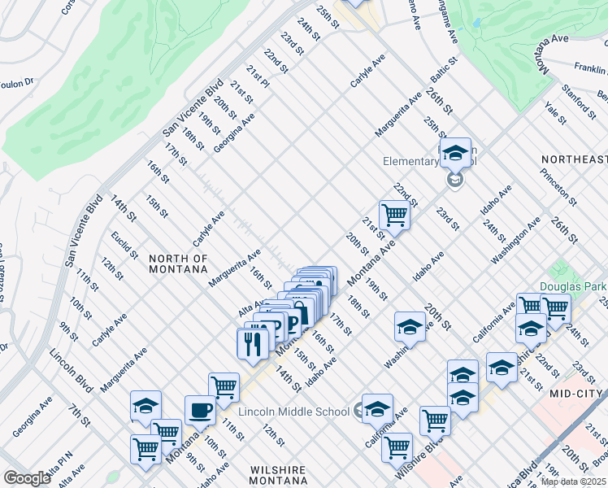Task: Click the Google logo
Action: point(27,478)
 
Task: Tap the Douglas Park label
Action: point(572,286)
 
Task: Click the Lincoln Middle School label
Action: point(294,412)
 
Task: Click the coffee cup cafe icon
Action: point(200,410)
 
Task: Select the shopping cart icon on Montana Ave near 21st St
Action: point(394,216)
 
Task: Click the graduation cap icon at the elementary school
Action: point(456,153)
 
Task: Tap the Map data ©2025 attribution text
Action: point(573,481)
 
